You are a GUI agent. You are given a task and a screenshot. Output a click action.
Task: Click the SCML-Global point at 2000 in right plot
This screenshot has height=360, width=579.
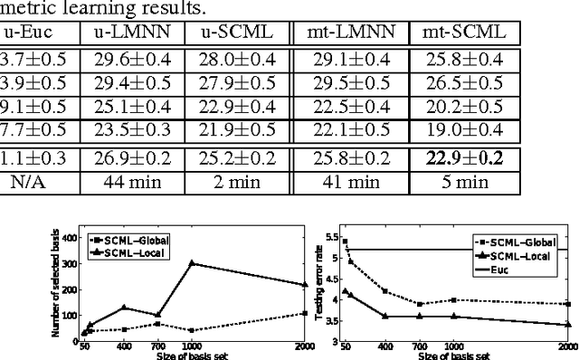click(x=568, y=304)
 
